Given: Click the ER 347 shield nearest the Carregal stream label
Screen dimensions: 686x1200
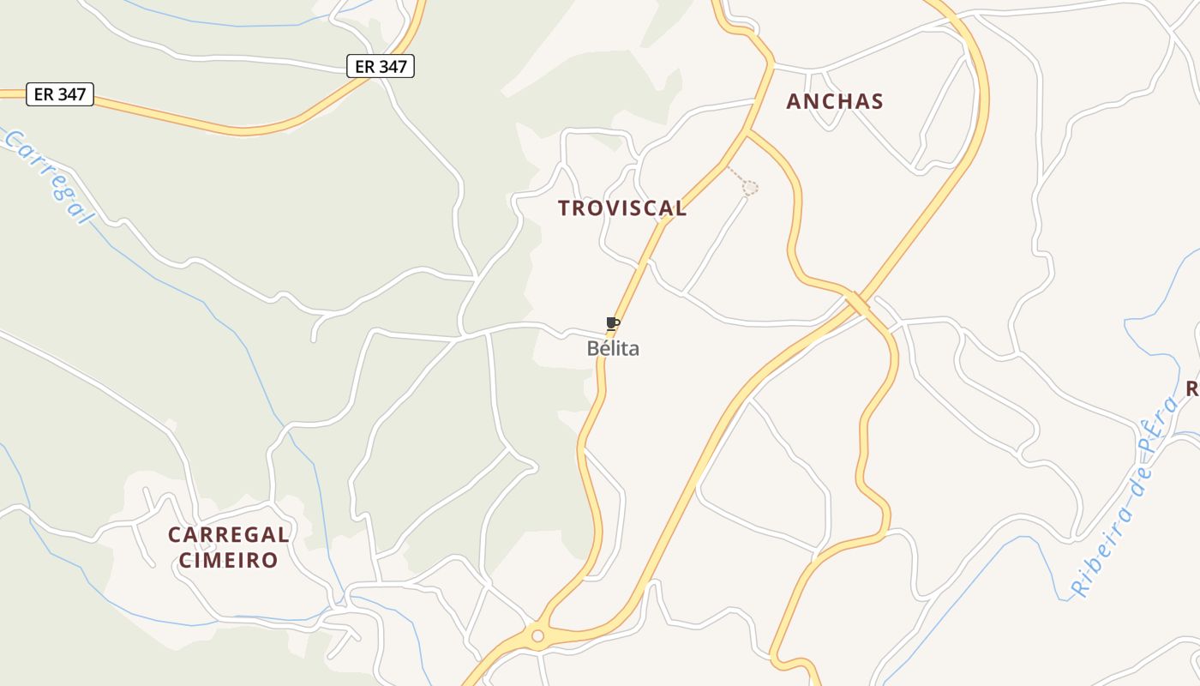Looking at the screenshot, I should coord(60,94).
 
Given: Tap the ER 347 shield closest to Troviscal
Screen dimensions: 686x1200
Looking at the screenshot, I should coord(381,66).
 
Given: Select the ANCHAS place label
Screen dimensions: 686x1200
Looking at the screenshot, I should coord(835,101).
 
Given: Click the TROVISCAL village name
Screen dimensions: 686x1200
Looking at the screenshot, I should coord(622,208).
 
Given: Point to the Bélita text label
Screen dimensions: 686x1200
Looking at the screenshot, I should coord(613,349).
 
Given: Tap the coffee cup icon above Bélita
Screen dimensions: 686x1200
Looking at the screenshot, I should coord(612,324).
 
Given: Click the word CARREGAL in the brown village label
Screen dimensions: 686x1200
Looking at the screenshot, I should coord(229,535).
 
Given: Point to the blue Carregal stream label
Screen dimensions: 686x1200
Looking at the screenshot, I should coord(48,177).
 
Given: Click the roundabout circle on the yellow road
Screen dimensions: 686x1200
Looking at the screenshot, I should coord(537,636).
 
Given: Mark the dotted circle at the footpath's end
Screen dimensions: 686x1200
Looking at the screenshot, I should coord(750,187).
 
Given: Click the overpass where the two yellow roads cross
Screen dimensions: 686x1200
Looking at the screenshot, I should coord(857,304).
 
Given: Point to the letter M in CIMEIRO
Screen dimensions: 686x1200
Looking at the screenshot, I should coord(216,561).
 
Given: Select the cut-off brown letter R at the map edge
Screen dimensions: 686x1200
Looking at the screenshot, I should coord(1192,389).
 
